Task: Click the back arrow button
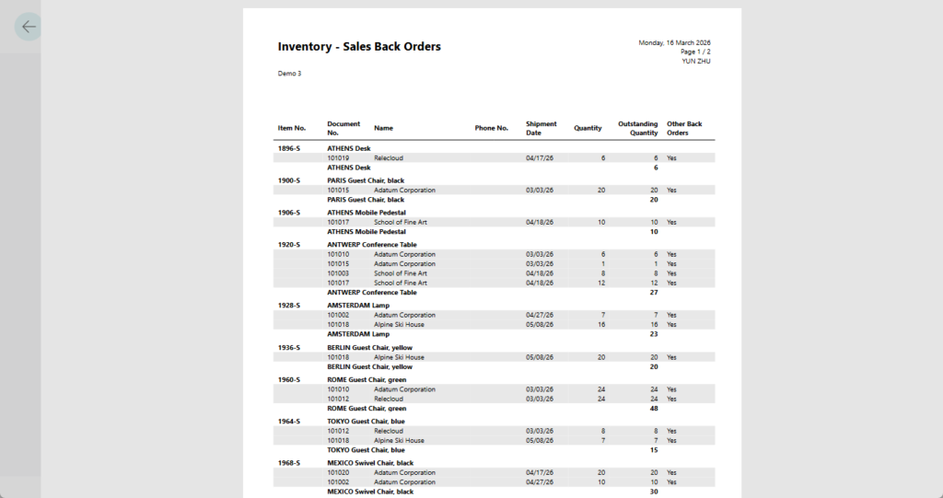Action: tap(29, 27)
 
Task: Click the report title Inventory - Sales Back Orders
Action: tap(359, 47)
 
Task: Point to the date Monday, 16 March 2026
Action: tap(674, 43)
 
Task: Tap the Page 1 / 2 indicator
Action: tap(695, 52)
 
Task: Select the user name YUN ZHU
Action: tap(695, 61)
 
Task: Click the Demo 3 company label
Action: tap(289, 74)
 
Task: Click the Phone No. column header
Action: tap(492, 128)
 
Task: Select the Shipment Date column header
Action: tap(541, 128)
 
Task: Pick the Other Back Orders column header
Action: tap(684, 128)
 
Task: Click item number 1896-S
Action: tap(290, 148)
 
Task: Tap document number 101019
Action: tap(338, 158)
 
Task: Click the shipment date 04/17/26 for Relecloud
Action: tap(540, 158)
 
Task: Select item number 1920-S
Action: tap(290, 245)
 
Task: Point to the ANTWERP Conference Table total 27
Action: tap(654, 293)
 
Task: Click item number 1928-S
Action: tap(290, 306)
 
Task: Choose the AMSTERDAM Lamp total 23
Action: tap(654, 334)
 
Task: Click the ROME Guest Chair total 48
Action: tap(654, 409)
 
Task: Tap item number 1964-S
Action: tap(290, 422)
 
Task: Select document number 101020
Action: tap(338, 473)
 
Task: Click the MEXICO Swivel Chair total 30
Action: tap(654, 492)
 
